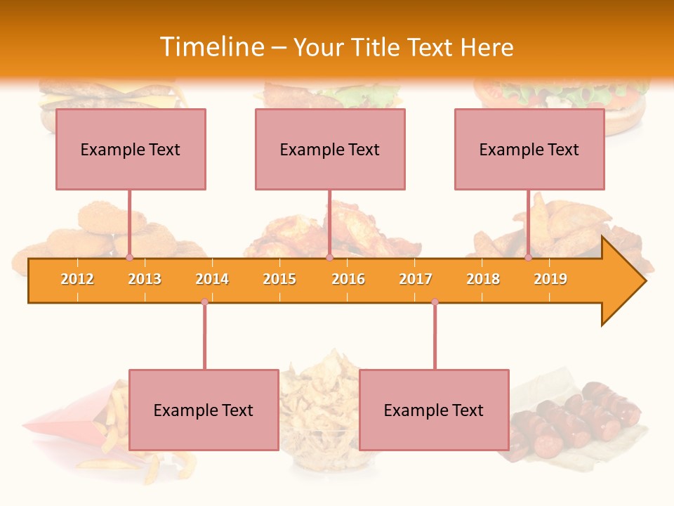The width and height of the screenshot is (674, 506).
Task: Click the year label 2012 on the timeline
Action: (77, 279)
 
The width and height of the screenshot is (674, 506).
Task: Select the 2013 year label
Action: (145, 279)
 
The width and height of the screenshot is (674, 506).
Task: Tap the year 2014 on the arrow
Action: (212, 279)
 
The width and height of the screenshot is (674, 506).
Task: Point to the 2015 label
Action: (279, 279)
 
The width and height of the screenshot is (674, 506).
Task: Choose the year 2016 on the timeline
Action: (348, 279)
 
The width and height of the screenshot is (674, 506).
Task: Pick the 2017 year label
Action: (416, 279)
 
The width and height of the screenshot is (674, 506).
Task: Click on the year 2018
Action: (483, 279)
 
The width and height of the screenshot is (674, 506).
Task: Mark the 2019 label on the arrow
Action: (550, 279)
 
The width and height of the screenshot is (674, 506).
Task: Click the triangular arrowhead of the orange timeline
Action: (622, 281)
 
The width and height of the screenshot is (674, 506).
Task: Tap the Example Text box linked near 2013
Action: (131, 149)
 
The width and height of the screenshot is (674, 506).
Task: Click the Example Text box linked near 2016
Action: (330, 149)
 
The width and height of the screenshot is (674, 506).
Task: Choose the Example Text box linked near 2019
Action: (529, 149)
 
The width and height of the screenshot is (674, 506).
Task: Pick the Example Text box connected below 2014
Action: (204, 410)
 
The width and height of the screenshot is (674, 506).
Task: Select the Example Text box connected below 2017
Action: (434, 410)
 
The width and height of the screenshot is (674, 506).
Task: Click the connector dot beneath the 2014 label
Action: (204, 301)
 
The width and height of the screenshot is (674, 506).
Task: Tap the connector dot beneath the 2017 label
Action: (435, 301)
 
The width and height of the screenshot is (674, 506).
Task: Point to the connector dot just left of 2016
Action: (329, 257)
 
